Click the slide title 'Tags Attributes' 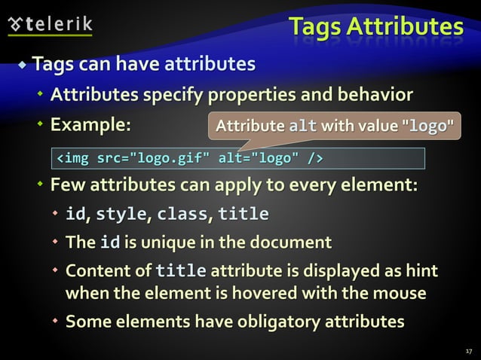(x=376, y=27)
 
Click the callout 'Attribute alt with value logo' (x=335, y=127)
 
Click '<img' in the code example (x=73, y=158)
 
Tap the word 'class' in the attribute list (x=182, y=215)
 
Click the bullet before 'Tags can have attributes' (x=23, y=65)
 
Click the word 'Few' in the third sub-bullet (x=66, y=185)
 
